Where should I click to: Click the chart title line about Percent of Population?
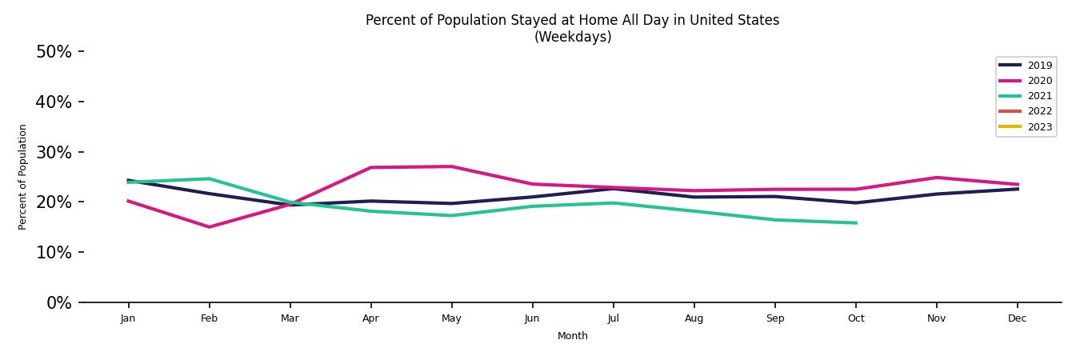pyautogui.click(x=572, y=20)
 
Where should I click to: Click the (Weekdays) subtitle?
pyautogui.click(x=572, y=37)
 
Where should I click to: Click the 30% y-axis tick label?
pyautogui.click(x=54, y=152)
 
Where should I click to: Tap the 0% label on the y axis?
pyautogui.click(x=58, y=303)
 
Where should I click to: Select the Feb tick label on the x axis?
pyautogui.click(x=209, y=318)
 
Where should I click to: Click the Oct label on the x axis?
pyautogui.click(x=856, y=318)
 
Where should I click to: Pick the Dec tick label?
pyautogui.click(x=1017, y=318)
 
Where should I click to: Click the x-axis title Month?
pyautogui.click(x=572, y=336)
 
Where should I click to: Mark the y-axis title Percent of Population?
pyautogui.click(x=23, y=177)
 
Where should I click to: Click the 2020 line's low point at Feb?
pyautogui.click(x=209, y=227)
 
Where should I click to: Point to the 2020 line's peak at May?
pyautogui.click(x=451, y=166)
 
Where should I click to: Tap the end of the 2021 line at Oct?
pyautogui.click(x=856, y=223)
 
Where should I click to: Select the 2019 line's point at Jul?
pyautogui.click(x=613, y=189)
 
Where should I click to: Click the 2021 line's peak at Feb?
pyautogui.click(x=209, y=178)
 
